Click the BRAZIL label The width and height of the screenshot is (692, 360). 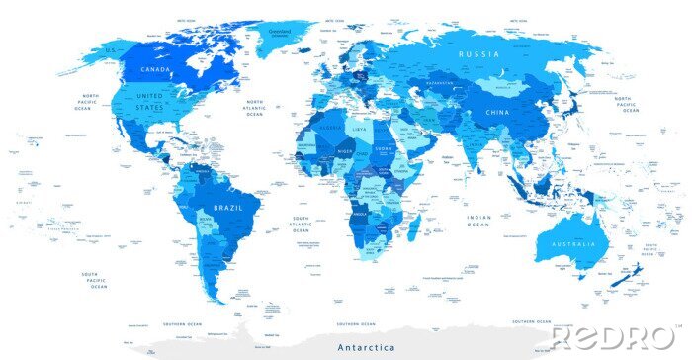pyautogui.click(x=227, y=208)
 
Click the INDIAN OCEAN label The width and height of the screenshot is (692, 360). pyautogui.click(x=478, y=221)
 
